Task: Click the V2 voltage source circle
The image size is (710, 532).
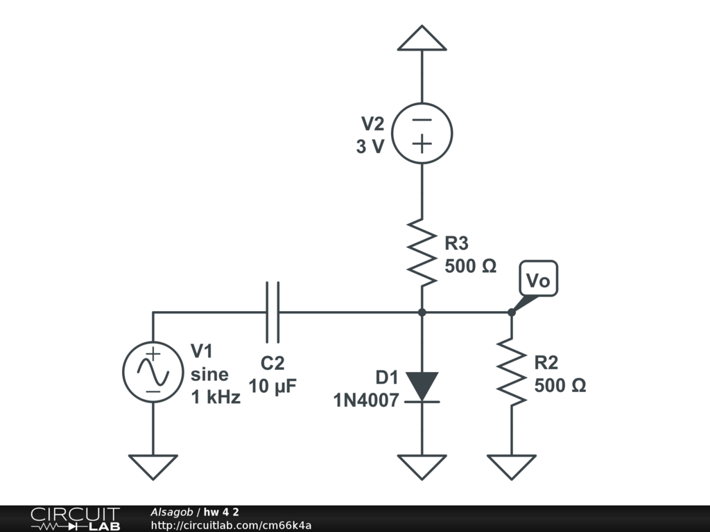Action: tap(422, 133)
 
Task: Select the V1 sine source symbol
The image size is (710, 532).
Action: tap(153, 371)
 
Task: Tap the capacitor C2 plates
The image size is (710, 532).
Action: tap(273, 312)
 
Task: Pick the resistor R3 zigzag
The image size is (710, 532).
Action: tap(422, 252)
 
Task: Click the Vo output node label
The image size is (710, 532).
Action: tap(538, 281)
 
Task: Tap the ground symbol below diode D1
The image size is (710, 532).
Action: tap(422, 465)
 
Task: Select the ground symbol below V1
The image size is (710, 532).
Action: tap(153, 465)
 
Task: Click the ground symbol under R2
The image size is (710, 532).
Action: tap(511, 465)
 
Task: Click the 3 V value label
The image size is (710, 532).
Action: tap(370, 147)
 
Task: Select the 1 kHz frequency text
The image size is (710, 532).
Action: tap(216, 398)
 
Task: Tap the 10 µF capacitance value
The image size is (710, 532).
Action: tap(272, 387)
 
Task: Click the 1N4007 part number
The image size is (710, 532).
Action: tap(365, 400)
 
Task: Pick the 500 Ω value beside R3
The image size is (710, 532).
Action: tap(471, 266)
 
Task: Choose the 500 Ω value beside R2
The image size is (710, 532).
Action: tap(560, 386)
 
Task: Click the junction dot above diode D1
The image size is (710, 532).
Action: tap(422, 312)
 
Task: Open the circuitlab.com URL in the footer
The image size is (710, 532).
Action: tap(230, 525)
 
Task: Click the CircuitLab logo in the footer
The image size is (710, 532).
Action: tap(75, 519)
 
